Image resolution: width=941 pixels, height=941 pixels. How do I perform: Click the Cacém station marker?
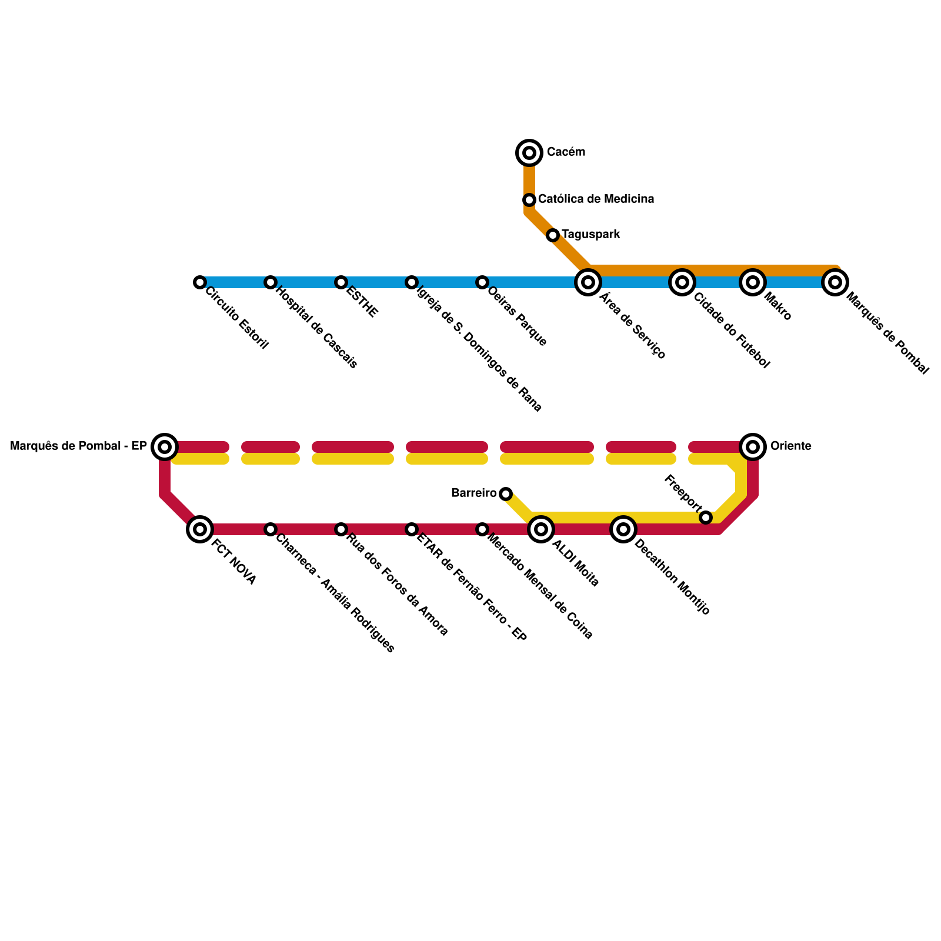click(529, 153)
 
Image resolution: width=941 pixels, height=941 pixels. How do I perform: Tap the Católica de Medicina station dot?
click(529, 200)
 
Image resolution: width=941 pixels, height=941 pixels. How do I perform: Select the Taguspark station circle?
click(553, 235)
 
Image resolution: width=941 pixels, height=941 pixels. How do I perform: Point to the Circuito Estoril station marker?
click(200, 282)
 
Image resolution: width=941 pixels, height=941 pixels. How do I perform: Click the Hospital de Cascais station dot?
click(271, 282)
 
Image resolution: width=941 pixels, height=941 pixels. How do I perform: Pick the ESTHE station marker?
click(341, 282)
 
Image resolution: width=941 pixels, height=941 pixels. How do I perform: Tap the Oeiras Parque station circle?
click(482, 282)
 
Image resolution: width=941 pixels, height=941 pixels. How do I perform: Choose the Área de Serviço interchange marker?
click(588, 282)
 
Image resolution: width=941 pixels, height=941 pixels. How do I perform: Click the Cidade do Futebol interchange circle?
click(682, 282)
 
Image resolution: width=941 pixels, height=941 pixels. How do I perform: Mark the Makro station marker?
click(753, 282)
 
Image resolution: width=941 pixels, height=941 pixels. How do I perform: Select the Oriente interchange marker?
click(753, 447)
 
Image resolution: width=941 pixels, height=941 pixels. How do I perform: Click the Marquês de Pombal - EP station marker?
click(165, 447)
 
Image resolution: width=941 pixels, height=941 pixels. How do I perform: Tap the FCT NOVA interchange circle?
click(200, 529)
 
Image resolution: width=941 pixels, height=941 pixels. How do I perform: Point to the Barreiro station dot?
click(506, 494)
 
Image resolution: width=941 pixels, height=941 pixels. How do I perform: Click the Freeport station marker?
click(706, 518)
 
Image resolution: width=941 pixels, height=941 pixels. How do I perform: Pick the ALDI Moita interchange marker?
click(541, 529)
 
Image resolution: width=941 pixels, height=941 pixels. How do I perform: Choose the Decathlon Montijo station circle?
click(623, 529)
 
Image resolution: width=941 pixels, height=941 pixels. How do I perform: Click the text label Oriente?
click(790, 446)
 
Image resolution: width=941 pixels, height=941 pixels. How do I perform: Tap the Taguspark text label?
click(590, 235)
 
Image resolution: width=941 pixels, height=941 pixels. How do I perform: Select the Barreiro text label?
click(473, 493)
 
